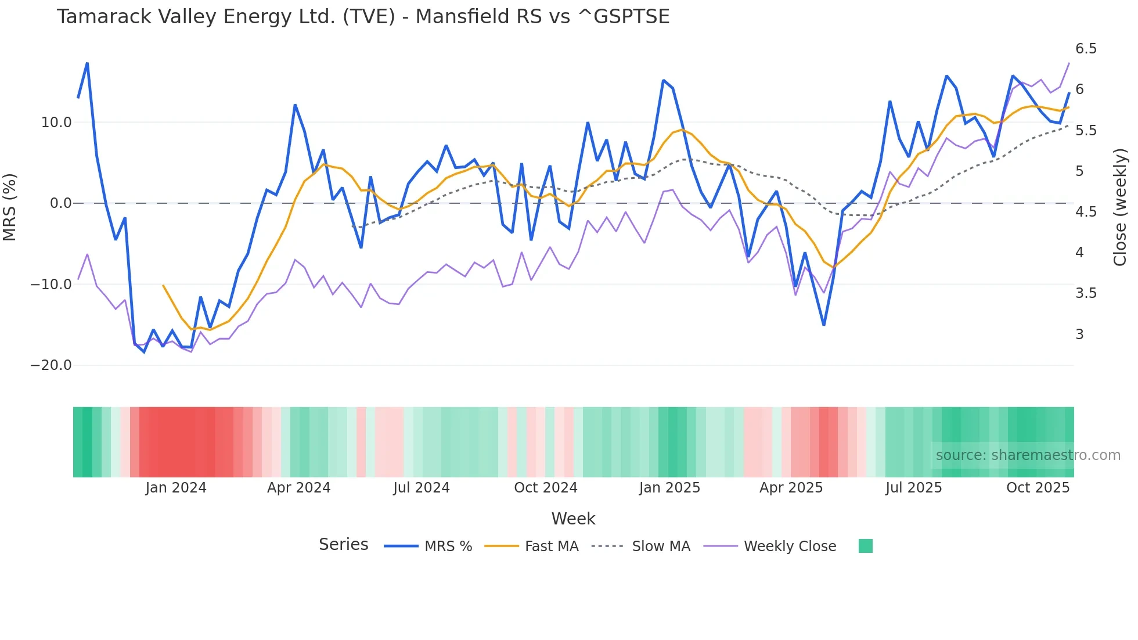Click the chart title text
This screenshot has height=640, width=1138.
tap(363, 16)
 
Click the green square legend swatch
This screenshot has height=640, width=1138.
tap(865, 546)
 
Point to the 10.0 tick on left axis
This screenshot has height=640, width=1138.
tap(56, 123)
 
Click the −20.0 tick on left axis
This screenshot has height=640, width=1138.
tap(52, 365)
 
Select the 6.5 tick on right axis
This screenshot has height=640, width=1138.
tap(1086, 49)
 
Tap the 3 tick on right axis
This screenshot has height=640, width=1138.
tap(1079, 335)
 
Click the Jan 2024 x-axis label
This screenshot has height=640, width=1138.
tap(176, 488)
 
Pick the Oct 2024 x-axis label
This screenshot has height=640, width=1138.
tap(545, 488)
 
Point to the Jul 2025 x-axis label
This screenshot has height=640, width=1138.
tap(913, 488)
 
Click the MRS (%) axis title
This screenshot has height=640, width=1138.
tap(10, 207)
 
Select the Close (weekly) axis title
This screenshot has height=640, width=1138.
tap(1120, 207)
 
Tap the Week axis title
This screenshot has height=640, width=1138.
tap(573, 519)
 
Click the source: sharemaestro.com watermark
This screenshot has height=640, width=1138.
tap(1028, 455)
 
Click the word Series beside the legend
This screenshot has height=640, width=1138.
tap(343, 545)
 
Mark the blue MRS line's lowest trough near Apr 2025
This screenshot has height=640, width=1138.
tap(823, 325)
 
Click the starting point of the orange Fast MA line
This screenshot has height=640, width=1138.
tap(163, 285)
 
